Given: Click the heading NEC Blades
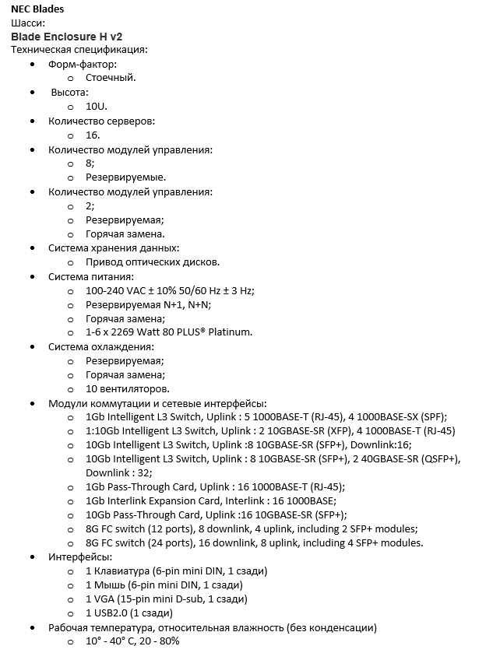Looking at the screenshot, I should click(x=38, y=9).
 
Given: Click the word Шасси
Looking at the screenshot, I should click(x=28, y=23).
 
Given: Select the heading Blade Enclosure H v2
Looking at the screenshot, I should click(x=67, y=36).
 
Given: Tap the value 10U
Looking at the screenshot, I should click(x=96, y=106).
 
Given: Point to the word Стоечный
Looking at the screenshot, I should click(x=111, y=78).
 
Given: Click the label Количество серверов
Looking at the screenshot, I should click(x=101, y=121).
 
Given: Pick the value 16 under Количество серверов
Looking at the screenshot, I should click(x=92, y=135).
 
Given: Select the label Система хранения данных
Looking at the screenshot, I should click(x=114, y=248).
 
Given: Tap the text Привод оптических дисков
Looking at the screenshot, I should click(x=153, y=262).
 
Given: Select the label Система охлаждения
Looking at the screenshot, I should click(x=101, y=346).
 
